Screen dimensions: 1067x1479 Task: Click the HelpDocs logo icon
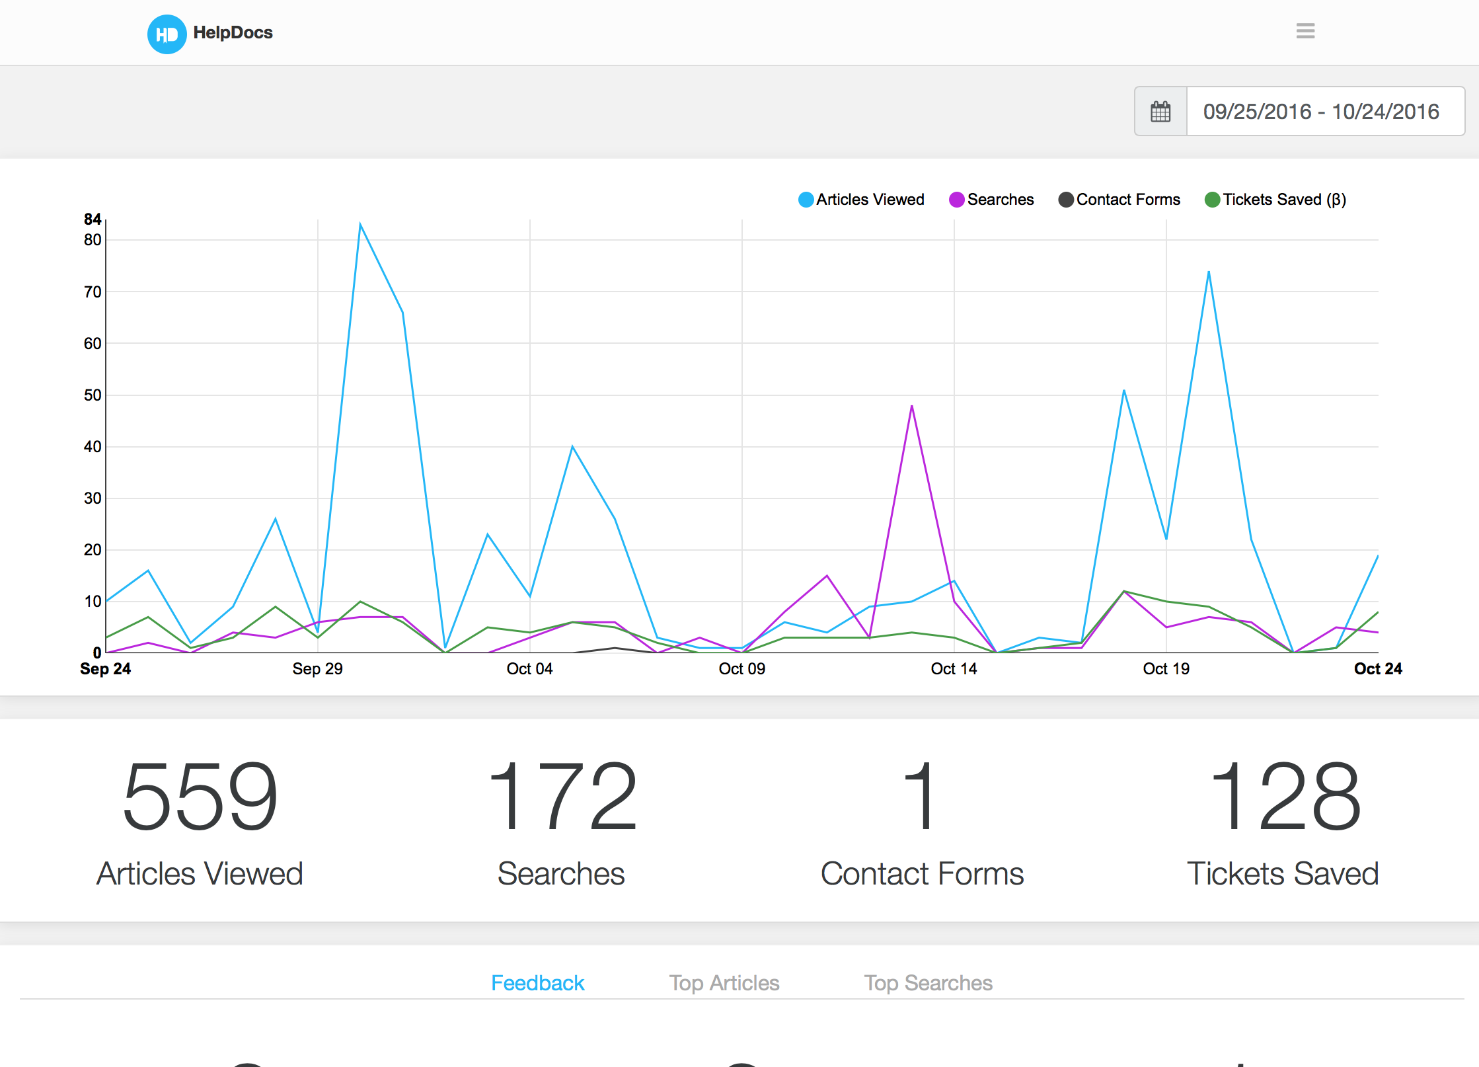pyautogui.click(x=167, y=34)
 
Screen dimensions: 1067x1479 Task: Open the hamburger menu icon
pyautogui.click(x=1305, y=31)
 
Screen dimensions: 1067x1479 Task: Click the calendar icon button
pyautogui.click(x=1160, y=111)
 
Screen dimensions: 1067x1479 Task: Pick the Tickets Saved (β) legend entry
pyautogui.click(x=1275, y=200)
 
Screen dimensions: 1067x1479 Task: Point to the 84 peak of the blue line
pyautogui.click(x=360, y=224)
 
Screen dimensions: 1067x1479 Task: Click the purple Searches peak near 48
pyautogui.click(x=912, y=406)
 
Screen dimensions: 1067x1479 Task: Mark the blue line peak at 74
pyautogui.click(x=1209, y=272)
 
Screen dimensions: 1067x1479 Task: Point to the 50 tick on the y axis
pyautogui.click(x=93, y=395)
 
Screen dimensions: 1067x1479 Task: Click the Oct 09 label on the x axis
pyautogui.click(x=741, y=669)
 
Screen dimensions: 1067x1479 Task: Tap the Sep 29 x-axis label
pyautogui.click(x=317, y=669)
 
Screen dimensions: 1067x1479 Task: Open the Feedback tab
pyautogui.click(x=537, y=983)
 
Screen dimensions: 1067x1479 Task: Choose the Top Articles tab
pyautogui.click(x=724, y=983)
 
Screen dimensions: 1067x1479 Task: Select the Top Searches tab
pyautogui.click(x=928, y=983)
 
